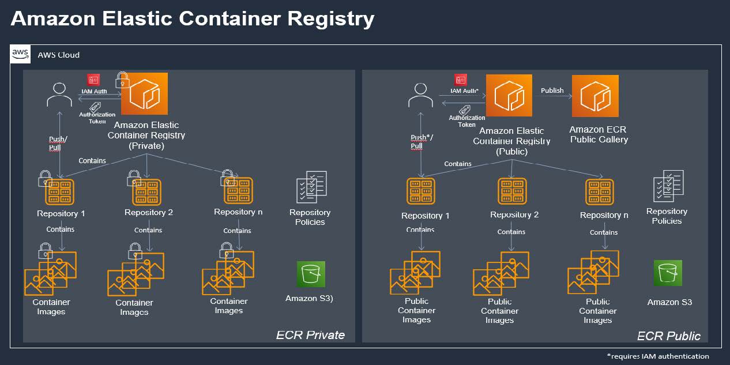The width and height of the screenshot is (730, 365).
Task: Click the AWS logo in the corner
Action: [21, 54]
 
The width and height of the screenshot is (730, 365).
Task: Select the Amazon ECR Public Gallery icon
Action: [595, 96]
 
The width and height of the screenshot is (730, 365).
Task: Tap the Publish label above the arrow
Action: [552, 91]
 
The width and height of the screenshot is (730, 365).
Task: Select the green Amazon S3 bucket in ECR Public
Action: [668, 273]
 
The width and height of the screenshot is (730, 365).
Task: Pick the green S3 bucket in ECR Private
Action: [311, 274]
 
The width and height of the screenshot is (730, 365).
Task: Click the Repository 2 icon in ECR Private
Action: [146, 191]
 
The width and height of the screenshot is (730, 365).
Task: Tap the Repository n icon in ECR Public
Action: [600, 192]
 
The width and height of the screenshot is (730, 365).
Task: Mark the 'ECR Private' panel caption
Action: [310, 334]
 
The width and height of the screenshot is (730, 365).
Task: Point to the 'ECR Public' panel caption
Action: [668, 336]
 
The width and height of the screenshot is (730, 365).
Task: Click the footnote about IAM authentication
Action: [658, 356]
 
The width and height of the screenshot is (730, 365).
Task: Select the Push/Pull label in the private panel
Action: [58, 144]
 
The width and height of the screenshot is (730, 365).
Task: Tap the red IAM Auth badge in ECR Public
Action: [460, 80]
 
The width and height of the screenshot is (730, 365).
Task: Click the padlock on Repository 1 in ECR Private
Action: [45, 178]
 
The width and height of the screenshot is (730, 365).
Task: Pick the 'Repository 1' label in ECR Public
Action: [425, 216]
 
